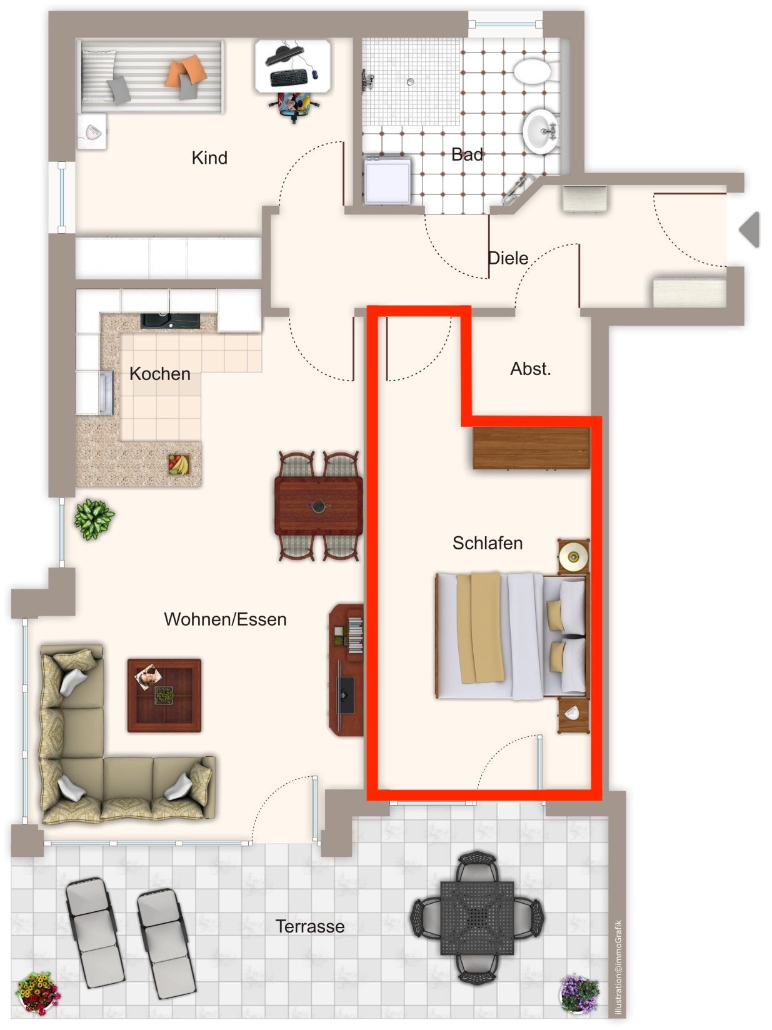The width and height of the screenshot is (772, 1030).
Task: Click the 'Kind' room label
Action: [x=209, y=157]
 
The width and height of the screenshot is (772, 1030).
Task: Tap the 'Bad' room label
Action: [x=467, y=154]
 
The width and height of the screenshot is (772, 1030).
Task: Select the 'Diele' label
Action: [x=508, y=258]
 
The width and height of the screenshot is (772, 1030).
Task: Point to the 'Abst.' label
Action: [x=530, y=369]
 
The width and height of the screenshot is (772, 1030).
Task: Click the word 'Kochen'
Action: [x=160, y=374]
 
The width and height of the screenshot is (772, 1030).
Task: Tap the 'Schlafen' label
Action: [x=488, y=543]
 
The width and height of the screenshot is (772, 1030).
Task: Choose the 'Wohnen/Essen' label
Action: [x=225, y=619]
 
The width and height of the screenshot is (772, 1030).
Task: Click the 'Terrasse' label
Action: [x=310, y=926]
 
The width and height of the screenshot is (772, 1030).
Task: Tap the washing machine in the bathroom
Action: [x=387, y=180]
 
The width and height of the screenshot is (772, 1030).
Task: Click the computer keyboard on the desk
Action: [x=289, y=77]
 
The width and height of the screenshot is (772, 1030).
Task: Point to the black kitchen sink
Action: [x=171, y=321]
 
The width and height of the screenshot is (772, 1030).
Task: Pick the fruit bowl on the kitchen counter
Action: [x=179, y=464]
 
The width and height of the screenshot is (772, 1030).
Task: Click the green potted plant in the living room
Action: [x=94, y=519]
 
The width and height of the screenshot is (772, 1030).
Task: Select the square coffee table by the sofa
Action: [x=164, y=696]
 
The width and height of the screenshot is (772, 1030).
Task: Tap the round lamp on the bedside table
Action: [x=573, y=557]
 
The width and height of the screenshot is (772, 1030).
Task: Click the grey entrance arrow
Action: [x=749, y=229]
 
